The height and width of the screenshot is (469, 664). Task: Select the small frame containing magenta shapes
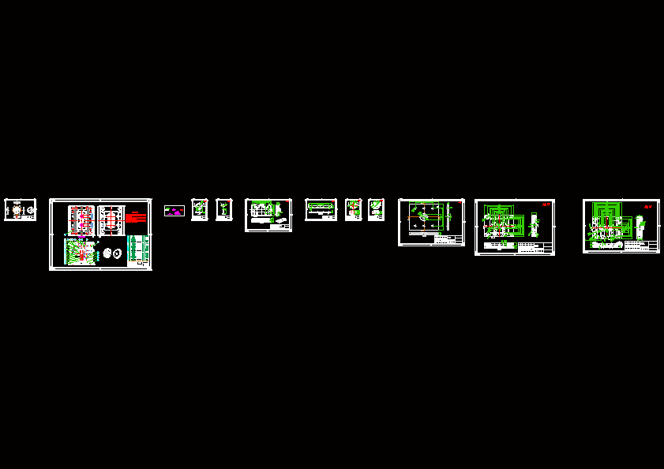point(174,211)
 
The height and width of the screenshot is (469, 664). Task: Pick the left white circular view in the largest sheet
point(107,253)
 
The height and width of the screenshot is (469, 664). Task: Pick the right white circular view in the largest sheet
point(117,253)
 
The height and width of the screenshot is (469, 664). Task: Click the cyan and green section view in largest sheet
point(78,253)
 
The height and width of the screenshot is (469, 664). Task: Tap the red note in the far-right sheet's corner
point(649,206)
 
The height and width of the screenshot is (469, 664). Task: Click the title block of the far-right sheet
point(641,246)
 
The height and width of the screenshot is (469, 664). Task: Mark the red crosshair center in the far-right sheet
point(607,227)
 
